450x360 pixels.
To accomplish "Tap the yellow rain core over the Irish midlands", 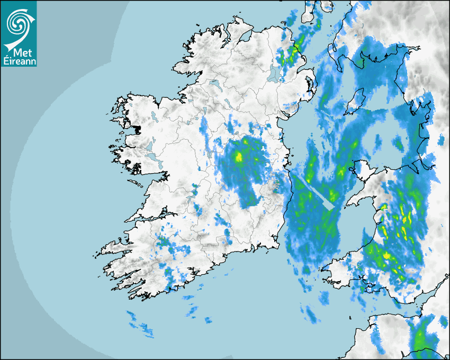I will point(239,157).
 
